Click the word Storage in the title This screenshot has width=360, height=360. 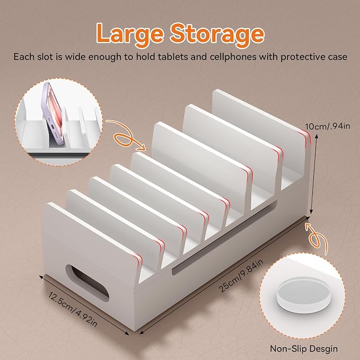(x=217, y=34)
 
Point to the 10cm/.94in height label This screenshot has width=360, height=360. (x=328, y=126)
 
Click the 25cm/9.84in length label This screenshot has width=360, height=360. (x=240, y=275)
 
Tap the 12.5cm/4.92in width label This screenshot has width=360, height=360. (x=73, y=309)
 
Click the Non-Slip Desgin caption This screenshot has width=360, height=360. (x=304, y=348)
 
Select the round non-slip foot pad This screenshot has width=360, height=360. (x=303, y=295)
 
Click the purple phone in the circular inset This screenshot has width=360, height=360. (x=53, y=111)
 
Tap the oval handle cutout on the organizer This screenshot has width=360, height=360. (x=87, y=283)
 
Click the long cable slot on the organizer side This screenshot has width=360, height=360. (x=225, y=237)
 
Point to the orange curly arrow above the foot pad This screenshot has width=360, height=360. (x=316, y=238)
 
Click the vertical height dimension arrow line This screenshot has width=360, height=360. (x=314, y=175)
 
